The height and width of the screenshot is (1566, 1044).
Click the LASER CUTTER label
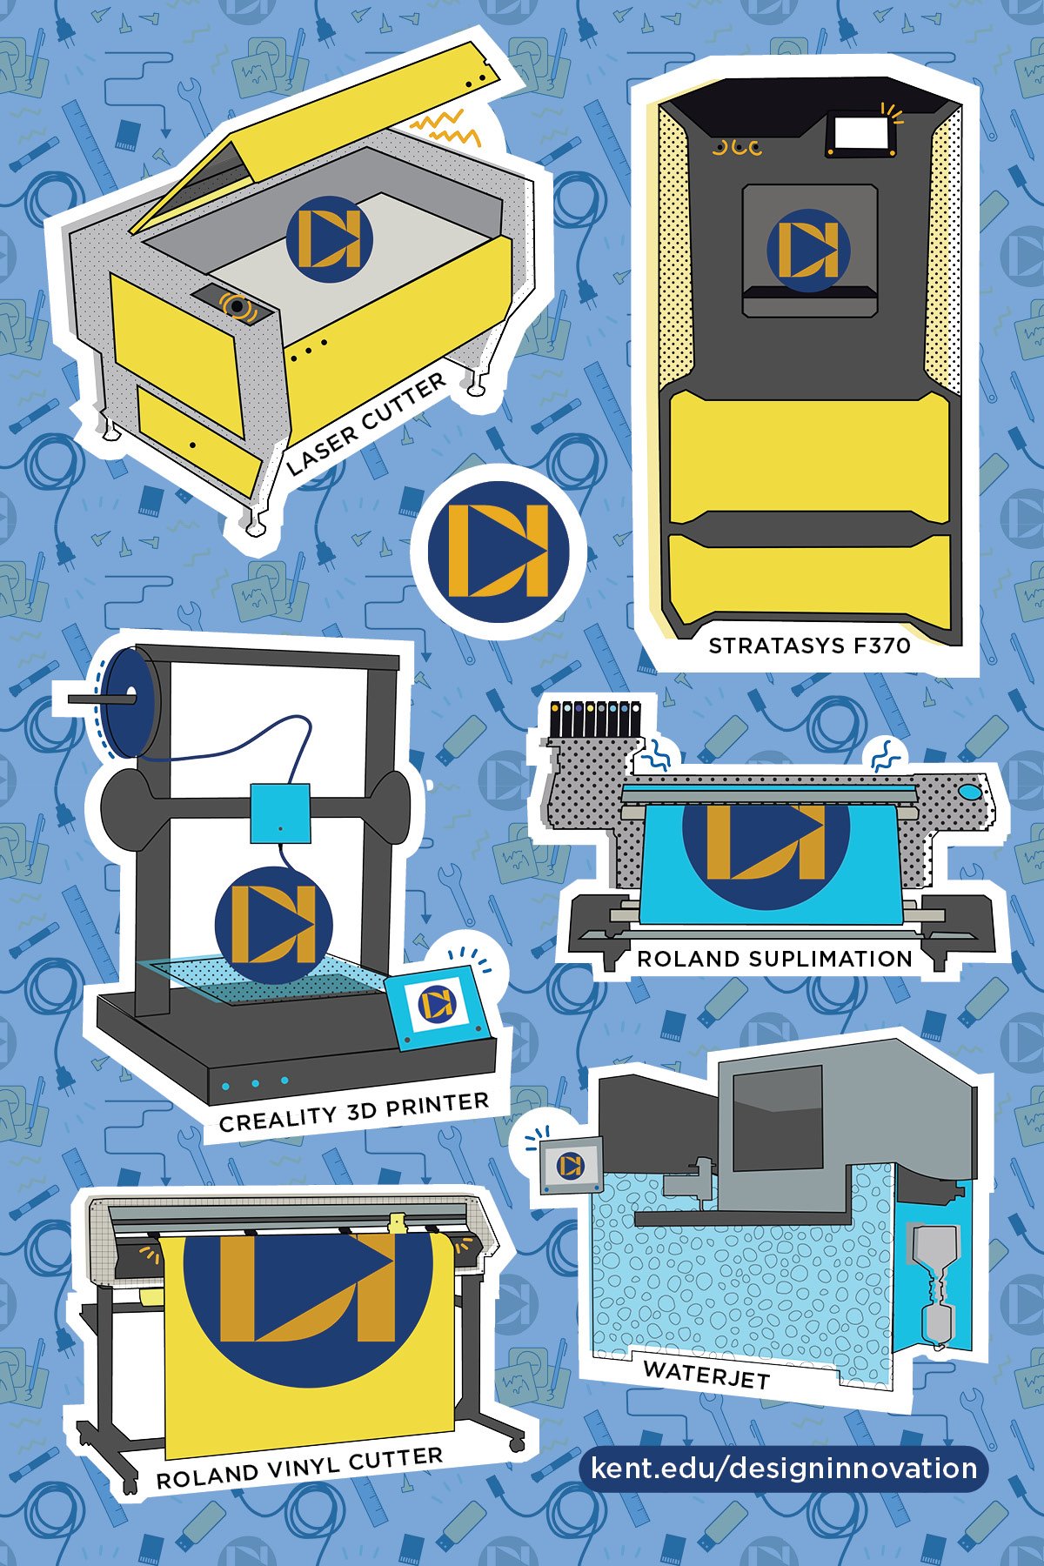pyautogui.click(x=366, y=425)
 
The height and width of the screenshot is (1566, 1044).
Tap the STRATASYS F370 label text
pyautogui.click(x=809, y=646)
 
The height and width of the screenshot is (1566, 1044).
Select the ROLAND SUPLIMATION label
pyautogui.click(x=774, y=959)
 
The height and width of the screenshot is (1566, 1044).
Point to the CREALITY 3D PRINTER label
pyautogui.click(x=353, y=1113)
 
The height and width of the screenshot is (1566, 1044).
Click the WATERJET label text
pyautogui.click(x=706, y=1373)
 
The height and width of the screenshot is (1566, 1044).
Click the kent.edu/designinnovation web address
pyautogui.click(x=783, y=1469)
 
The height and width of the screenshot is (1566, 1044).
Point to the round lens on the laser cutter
pyautogui.click(x=237, y=306)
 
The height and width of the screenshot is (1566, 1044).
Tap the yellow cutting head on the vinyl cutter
pyautogui.click(x=398, y=1223)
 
